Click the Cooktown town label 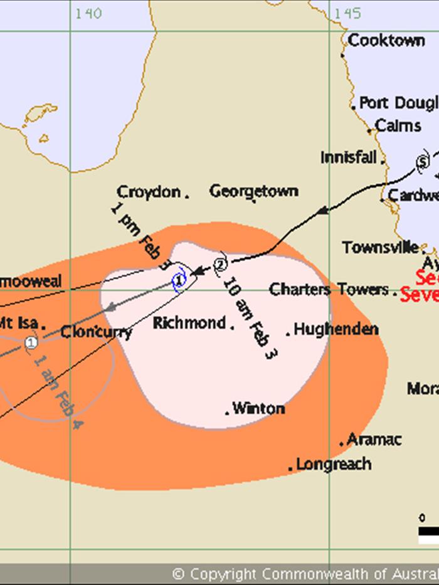click(x=386, y=41)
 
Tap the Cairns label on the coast click(x=398, y=125)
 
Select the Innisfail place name click(x=349, y=157)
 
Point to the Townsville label click(x=381, y=247)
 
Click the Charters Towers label click(x=329, y=290)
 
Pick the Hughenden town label click(x=336, y=329)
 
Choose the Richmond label click(x=189, y=324)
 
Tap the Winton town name click(x=258, y=409)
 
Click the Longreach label click(x=334, y=465)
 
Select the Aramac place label click(x=374, y=440)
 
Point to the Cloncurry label click(x=97, y=332)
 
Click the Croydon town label click(x=149, y=192)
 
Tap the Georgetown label click(x=254, y=191)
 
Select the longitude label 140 click(x=88, y=13)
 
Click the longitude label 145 click(x=347, y=13)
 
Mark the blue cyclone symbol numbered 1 click(x=180, y=279)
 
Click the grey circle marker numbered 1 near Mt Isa click(x=31, y=342)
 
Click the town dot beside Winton click(x=227, y=413)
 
